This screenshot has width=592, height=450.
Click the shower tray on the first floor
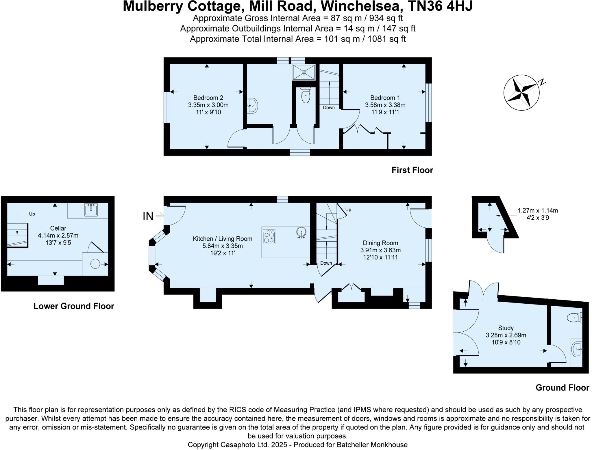[x=304, y=72]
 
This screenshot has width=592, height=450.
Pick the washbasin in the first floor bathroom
[x=252, y=106]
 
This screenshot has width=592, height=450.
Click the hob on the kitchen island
[x=269, y=237]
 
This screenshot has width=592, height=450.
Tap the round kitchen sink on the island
[x=301, y=233]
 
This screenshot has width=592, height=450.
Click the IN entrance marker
[x=148, y=216]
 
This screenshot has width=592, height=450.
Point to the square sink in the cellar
[x=91, y=210]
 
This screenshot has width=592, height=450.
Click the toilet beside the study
[x=573, y=318]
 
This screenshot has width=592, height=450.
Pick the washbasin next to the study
[x=577, y=350]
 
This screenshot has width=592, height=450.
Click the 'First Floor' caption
[x=412, y=170]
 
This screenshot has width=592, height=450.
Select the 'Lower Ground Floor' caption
[x=74, y=306]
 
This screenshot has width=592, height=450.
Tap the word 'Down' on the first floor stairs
[x=329, y=108]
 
